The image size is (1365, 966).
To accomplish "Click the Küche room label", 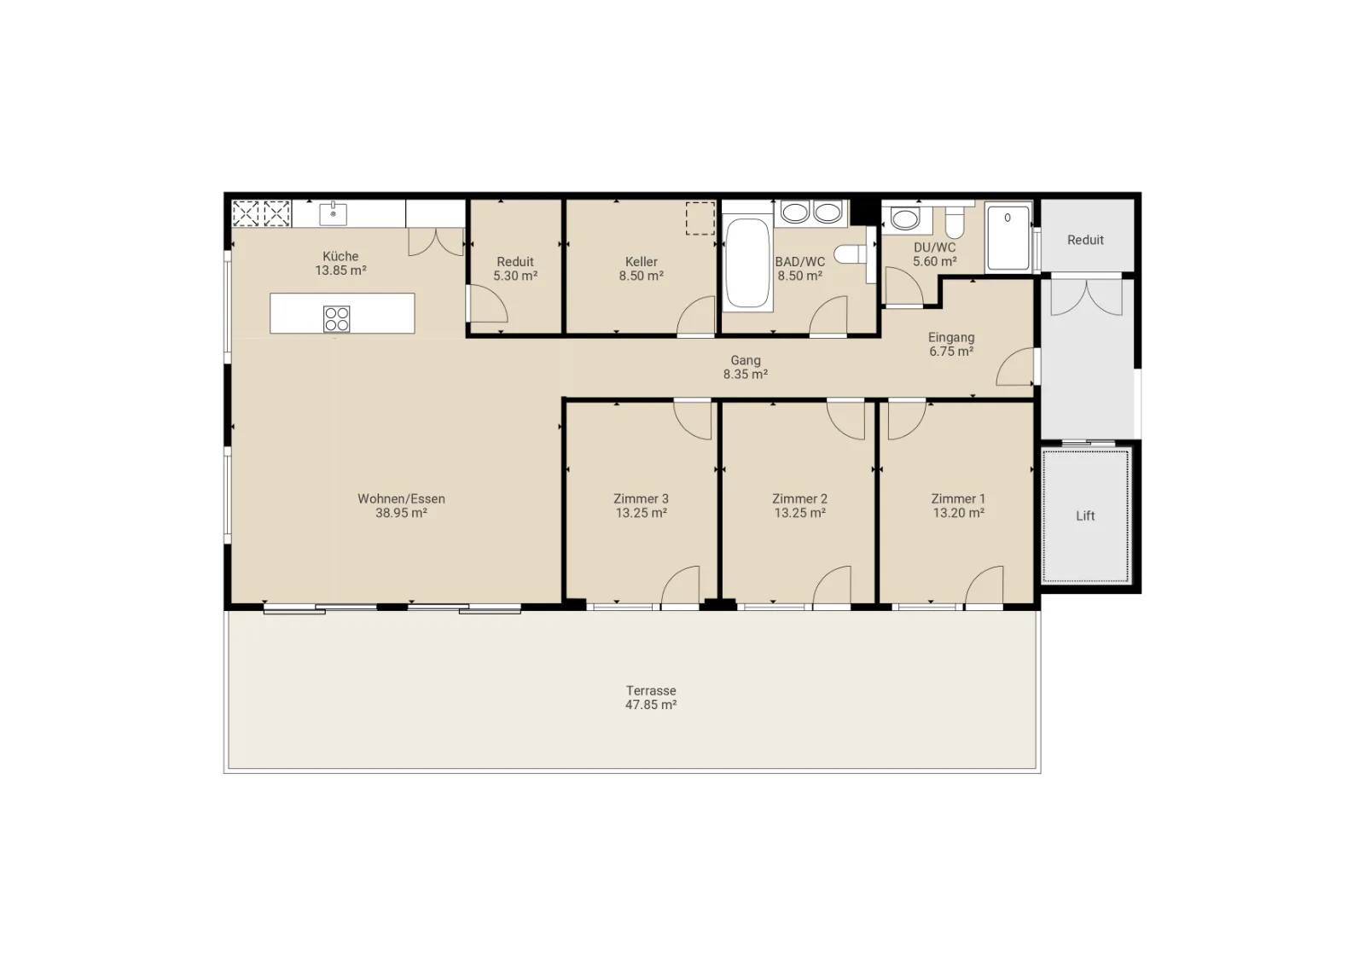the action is tap(340, 257).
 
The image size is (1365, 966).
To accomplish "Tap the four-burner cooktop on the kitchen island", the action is tap(337, 319).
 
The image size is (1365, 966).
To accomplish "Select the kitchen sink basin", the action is tap(334, 214).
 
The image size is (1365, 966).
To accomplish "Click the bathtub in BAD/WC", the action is tap(747, 263).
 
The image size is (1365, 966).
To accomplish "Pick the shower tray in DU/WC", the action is tap(1008, 238).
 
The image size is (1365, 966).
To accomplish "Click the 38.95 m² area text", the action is tap(401, 513).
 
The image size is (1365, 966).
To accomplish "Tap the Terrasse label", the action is tap(651, 690).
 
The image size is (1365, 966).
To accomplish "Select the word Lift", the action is tap(1085, 516).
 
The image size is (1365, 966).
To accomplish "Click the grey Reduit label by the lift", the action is tap(1085, 240).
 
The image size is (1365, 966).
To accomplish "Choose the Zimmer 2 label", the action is tap(799, 499).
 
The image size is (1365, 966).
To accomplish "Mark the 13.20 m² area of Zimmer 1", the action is tap(959, 513).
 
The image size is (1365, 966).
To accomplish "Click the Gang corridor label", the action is tap(746, 361).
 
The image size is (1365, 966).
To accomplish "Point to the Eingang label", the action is tap(951, 337).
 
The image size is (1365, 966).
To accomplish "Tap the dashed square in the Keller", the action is tap(700, 218).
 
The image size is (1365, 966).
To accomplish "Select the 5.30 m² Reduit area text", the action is tap(515, 276).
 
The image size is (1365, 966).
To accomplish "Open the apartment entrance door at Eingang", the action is tap(1015, 366).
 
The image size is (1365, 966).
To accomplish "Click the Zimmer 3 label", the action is tap(641, 499).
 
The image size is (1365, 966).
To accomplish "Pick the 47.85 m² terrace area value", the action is tap(651, 705).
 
